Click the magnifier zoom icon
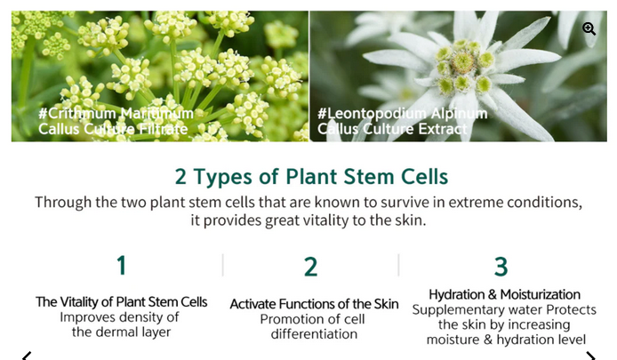click(x=589, y=28)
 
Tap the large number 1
click(x=122, y=265)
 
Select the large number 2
click(x=311, y=267)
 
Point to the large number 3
click(x=501, y=267)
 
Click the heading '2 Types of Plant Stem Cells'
click(x=311, y=177)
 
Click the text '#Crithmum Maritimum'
click(x=116, y=113)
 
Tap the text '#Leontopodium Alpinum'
click(x=402, y=113)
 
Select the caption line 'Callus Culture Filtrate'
click(x=113, y=129)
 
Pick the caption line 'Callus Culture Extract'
click(x=392, y=129)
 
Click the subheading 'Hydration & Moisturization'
click(x=504, y=294)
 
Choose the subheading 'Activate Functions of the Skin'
click(x=314, y=304)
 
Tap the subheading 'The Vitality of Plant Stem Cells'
click(x=121, y=301)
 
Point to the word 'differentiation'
click(x=314, y=334)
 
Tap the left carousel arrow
click(x=27, y=356)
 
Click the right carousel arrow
click(x=590, y=356)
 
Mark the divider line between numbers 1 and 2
click(x=223, y=265)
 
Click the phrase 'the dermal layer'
click(x=121, y=332)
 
